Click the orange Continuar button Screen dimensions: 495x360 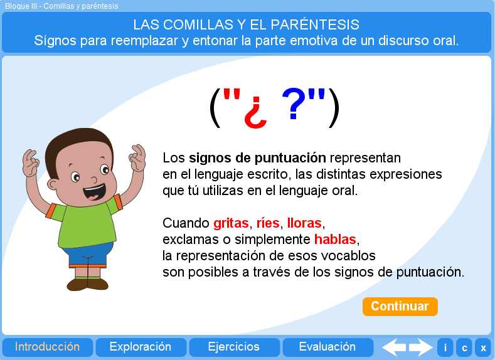point(400,306)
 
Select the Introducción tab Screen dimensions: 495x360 point(47,347)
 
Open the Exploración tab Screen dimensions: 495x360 point(141,347)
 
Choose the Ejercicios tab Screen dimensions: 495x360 point(234,347)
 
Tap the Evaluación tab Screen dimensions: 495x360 point(327,347)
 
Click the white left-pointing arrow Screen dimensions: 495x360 point(394,347)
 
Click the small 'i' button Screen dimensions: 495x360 point(445,347)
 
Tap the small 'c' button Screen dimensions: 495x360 point(464,347)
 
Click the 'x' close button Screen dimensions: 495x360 point(483,347)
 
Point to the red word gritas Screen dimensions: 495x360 point(231,223)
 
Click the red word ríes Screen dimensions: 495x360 point(268,223)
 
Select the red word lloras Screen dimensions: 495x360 point(304,223)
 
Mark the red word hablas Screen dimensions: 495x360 point(335,240)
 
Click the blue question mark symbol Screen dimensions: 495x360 point(294,103)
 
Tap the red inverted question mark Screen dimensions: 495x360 point(255,113)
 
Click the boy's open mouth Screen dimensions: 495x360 point(94,192)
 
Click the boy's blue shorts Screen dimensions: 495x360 point(87,253)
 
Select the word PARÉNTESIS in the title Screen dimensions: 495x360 point(315,24)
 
